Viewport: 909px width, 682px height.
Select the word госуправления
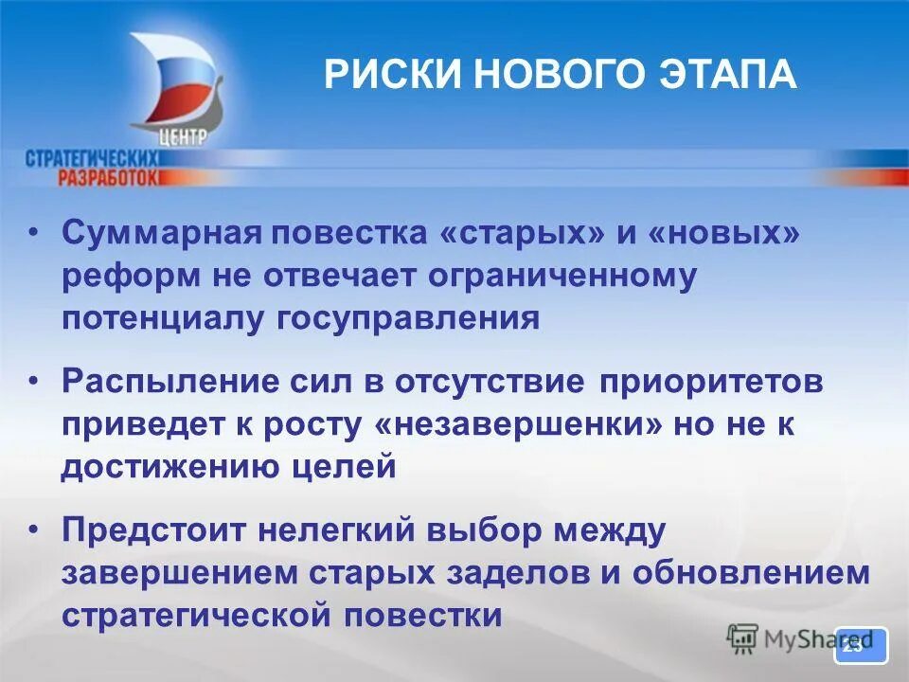tap(408, 317)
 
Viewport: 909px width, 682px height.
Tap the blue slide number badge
tap(860, 645)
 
